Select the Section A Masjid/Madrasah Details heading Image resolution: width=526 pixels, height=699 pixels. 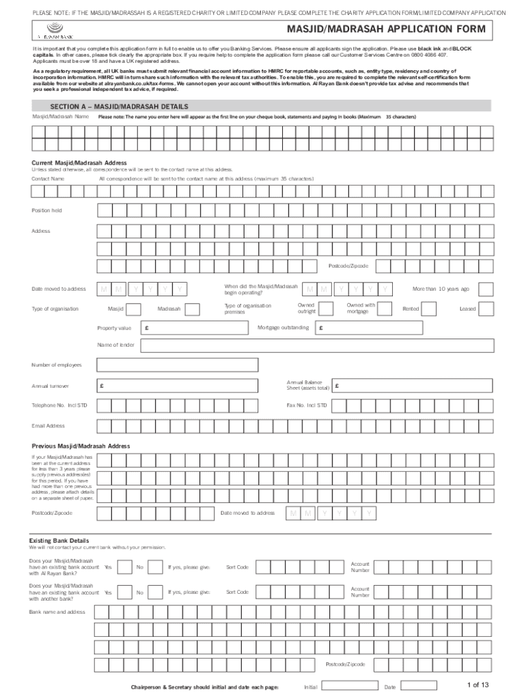(x=119, y=106)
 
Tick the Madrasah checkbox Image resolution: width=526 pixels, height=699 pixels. (x=193, y=309)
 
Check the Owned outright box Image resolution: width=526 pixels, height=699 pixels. (x=327, y=309)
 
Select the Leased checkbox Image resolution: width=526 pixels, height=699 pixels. (x=486, y=309)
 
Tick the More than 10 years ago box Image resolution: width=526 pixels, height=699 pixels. (x=486, y=289)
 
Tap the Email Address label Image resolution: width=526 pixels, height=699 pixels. (x=48, y=426)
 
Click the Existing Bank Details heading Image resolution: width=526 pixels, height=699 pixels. (x=59, y=540)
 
